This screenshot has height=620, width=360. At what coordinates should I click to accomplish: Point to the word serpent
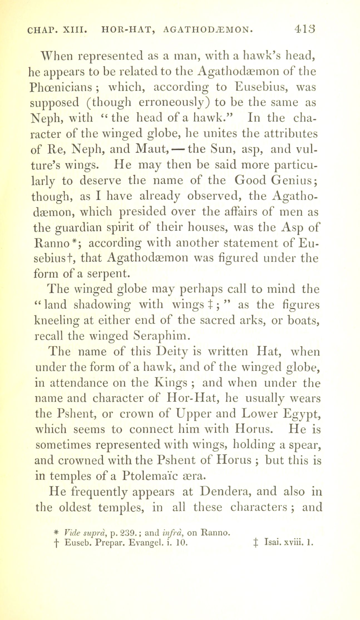click(108, 274)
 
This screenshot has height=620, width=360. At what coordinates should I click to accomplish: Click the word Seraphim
click(162, 336)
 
